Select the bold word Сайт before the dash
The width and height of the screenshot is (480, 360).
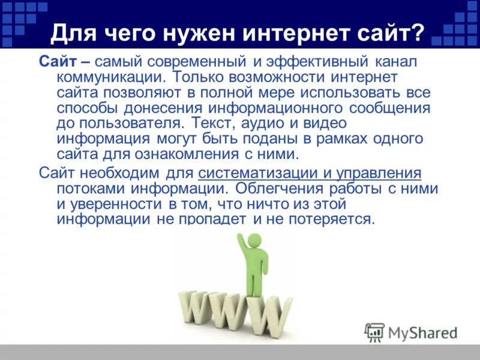coord(57,61)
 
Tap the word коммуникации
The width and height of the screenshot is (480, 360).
coord(110,77)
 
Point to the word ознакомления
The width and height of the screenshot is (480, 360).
coord(218,154)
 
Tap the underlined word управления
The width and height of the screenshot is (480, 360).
coord(378,173)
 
